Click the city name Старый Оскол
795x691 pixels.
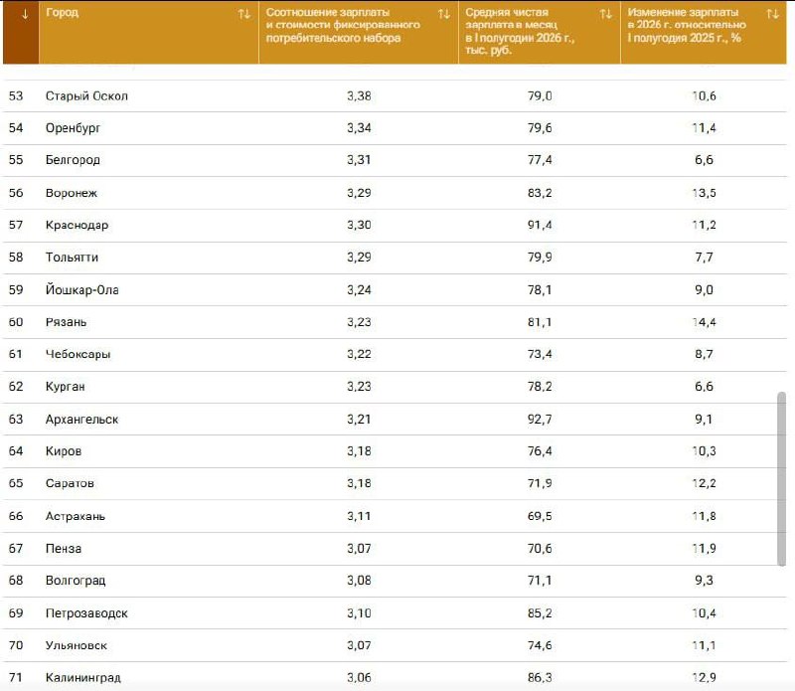pos(86,95)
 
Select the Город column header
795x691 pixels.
pos(62,12)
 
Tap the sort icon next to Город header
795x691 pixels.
pos(244,14)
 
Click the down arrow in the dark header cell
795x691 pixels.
pos(24,14)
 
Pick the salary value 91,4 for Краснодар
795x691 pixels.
pos(540,225)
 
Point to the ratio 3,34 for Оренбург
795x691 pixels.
pos(359,128)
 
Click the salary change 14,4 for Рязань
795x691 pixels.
pos(704,322)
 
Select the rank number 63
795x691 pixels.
pos(16,419)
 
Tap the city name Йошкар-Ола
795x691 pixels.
pos(82,289)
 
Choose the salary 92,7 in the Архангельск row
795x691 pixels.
pos(540,419)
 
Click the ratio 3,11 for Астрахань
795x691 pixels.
pos(359,516)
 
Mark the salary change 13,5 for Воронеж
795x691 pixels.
pos(704,193)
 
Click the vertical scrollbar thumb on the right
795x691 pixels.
pos(781,478)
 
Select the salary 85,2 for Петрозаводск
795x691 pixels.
pos(540,612)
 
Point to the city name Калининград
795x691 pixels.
pos(83,677)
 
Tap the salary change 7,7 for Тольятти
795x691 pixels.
pos(704,258)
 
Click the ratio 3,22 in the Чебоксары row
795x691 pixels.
pos(359,354)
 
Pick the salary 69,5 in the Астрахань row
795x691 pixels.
pos(540,516)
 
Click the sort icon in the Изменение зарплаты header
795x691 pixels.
pos(773,14)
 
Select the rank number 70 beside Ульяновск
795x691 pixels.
pos(16,645)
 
